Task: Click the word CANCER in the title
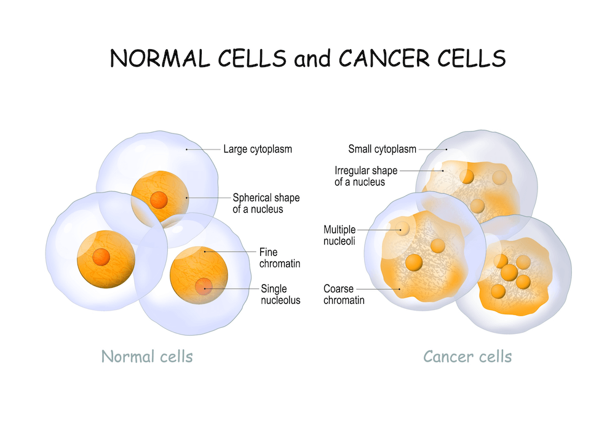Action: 385,58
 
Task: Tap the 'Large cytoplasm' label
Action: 258,149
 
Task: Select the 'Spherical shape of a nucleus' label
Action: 266,204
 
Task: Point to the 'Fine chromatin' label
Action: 280,258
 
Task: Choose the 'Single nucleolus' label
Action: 280,295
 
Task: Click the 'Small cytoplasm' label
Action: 382,149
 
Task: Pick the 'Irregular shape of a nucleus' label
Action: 365,176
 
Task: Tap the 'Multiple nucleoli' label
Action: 339,235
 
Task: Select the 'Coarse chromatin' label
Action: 344,295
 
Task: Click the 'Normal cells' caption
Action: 147,357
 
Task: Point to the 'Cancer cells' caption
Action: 467,357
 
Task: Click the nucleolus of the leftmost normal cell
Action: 101,257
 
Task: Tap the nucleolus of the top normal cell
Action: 159,200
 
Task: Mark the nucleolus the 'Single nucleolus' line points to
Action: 204,286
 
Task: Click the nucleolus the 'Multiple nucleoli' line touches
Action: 402,228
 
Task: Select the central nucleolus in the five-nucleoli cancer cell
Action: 509,272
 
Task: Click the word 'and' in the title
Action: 312,59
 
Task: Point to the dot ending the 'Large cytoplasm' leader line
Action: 187,149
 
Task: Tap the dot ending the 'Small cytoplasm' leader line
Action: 446,149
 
